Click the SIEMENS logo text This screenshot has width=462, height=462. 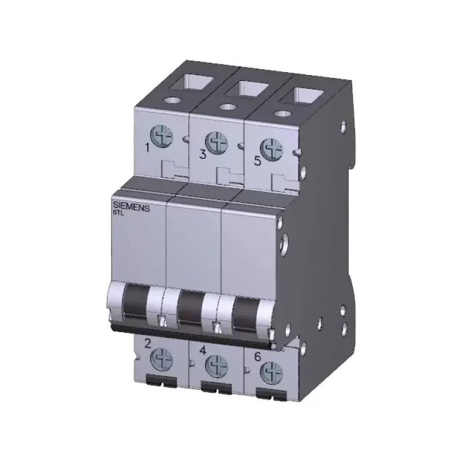[x=132, y=207]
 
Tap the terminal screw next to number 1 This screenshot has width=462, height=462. [x=162, y=136]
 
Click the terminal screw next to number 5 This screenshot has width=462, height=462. [x=271, y=150]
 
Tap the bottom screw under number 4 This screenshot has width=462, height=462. [x=216, y=367]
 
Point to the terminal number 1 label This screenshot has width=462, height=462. [x=148, y=148]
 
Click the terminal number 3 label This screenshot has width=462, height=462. [x=203, y=154]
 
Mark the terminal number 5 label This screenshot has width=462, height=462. [x=258, y=161]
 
